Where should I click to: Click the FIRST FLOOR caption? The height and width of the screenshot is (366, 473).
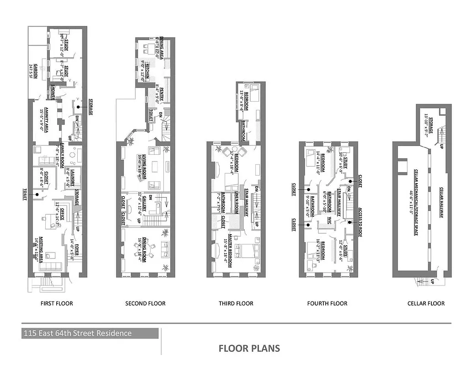pyautogui.click(x=57, y=303)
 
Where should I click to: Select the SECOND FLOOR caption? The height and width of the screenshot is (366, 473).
pyautogui.click(x=145, y=303)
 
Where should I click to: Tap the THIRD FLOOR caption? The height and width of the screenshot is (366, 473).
pyautogui.click(x=236, y=303)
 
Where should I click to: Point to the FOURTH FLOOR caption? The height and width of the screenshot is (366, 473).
pyautogui.click(x=327, y=303)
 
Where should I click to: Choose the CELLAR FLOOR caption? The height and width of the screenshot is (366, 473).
pyautogui.click(x=426, y=303)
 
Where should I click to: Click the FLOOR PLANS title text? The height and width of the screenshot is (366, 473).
pyautogui.click(x=249, y=348)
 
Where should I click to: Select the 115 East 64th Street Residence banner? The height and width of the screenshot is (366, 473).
pyautogui.click(x=90, y=333)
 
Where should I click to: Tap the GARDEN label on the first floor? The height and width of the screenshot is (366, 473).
pyautogui.click(x=32, y=71)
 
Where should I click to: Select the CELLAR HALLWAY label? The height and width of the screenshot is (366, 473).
pyautogui.click(x=441, y=202)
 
